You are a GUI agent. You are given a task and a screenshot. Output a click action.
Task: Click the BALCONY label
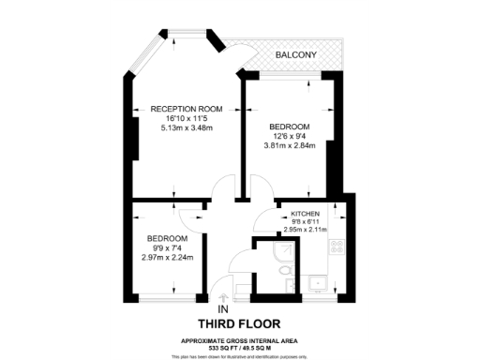[295, 56]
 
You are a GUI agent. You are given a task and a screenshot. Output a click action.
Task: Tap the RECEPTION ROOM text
[187, 109]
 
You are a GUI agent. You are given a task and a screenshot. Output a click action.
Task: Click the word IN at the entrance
[223, 308]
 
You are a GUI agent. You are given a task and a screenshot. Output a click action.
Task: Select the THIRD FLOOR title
[240, 324]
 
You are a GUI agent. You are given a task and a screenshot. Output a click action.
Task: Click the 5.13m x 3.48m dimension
[187, 127]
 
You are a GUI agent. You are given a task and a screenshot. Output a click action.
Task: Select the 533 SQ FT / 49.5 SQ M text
[240, 347]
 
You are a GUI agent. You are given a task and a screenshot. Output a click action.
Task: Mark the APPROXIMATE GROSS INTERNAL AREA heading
[240, 340]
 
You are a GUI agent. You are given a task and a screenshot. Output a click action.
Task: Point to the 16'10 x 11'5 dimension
[187, 118]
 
